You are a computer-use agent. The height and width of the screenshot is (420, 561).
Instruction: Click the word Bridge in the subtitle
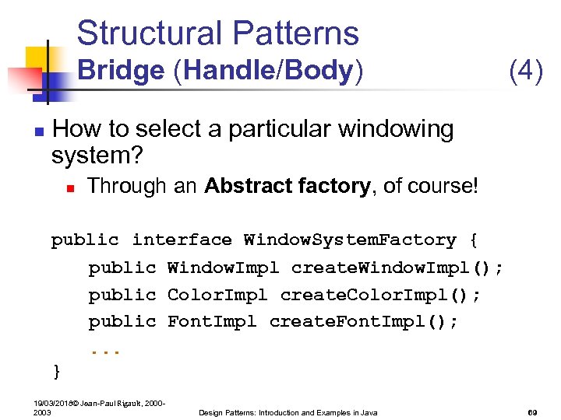tap(121, 71)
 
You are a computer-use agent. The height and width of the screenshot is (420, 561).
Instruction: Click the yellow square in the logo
tap(37, 58)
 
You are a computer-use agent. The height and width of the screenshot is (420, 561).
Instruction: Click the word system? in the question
tap(97, 156)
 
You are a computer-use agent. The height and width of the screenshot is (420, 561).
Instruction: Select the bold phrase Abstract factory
tap(287, 186)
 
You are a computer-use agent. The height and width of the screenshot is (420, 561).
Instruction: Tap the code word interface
tap(182, 240)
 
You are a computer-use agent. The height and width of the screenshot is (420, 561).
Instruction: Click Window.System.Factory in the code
tap(350, 240)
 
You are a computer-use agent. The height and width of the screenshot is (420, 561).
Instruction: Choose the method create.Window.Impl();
tap(397, 268)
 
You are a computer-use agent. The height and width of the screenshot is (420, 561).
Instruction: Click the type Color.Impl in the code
tap(217, 295)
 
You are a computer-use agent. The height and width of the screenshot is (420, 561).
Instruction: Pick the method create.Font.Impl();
tap(364, 321)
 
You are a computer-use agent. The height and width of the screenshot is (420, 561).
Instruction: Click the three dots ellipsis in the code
tap(104, 349)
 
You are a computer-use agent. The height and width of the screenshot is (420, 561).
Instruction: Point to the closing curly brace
tap(56, 372)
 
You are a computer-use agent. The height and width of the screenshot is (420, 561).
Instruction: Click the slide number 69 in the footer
tap(533, 412)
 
